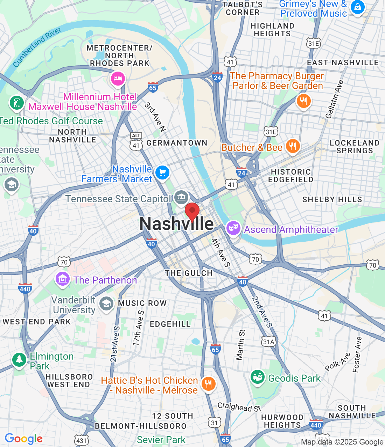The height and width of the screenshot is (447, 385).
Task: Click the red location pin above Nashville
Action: [x=192, y=211]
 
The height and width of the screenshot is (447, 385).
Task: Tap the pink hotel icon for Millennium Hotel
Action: [x=118, y=78]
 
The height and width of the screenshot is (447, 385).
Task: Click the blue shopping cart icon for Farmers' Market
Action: [x=162, y=173]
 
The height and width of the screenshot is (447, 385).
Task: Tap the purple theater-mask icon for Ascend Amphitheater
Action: [x=233, y=228]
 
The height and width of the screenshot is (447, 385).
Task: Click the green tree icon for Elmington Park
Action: [x=19, y=359]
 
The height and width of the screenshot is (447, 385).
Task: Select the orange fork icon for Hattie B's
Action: [x=208, y=384]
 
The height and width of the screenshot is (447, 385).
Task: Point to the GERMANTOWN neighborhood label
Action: [x=177, y=143]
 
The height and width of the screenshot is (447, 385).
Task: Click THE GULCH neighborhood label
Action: [x=189, y=273]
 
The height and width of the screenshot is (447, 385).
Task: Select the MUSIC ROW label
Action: [x=142, y=303]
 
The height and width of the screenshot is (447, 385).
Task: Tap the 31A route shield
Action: [x=269, y=342]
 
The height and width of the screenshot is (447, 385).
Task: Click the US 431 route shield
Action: [x=81, y=440]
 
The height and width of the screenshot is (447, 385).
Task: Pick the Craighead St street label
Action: [x=239, y=407]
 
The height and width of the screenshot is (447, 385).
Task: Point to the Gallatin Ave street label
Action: [x=335, y=99]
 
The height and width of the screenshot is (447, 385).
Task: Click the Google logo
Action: [x=23, y=439]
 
